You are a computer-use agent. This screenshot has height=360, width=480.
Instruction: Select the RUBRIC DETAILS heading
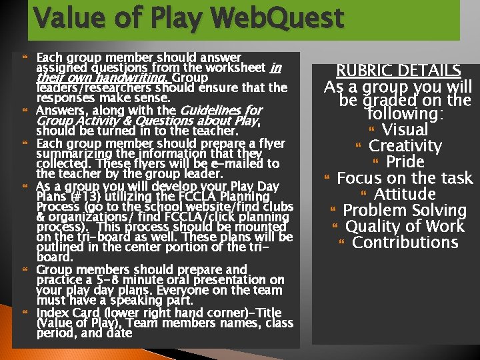tap(399, 71)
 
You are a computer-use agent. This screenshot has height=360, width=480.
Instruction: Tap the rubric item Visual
tap(405, 129)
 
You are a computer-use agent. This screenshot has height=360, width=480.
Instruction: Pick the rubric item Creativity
tap(405, 146)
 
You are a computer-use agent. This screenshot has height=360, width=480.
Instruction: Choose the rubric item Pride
tap(405, 162)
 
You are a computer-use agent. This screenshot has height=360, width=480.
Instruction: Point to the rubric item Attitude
tap(405, 194)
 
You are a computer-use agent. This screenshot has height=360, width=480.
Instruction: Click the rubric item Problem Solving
tap(405, 210)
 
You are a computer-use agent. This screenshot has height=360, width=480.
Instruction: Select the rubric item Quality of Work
tap(405, 226)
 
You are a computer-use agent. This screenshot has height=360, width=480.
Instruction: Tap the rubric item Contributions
tap(405, 242)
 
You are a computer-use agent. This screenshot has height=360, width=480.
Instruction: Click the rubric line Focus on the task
tap(405, 178)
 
